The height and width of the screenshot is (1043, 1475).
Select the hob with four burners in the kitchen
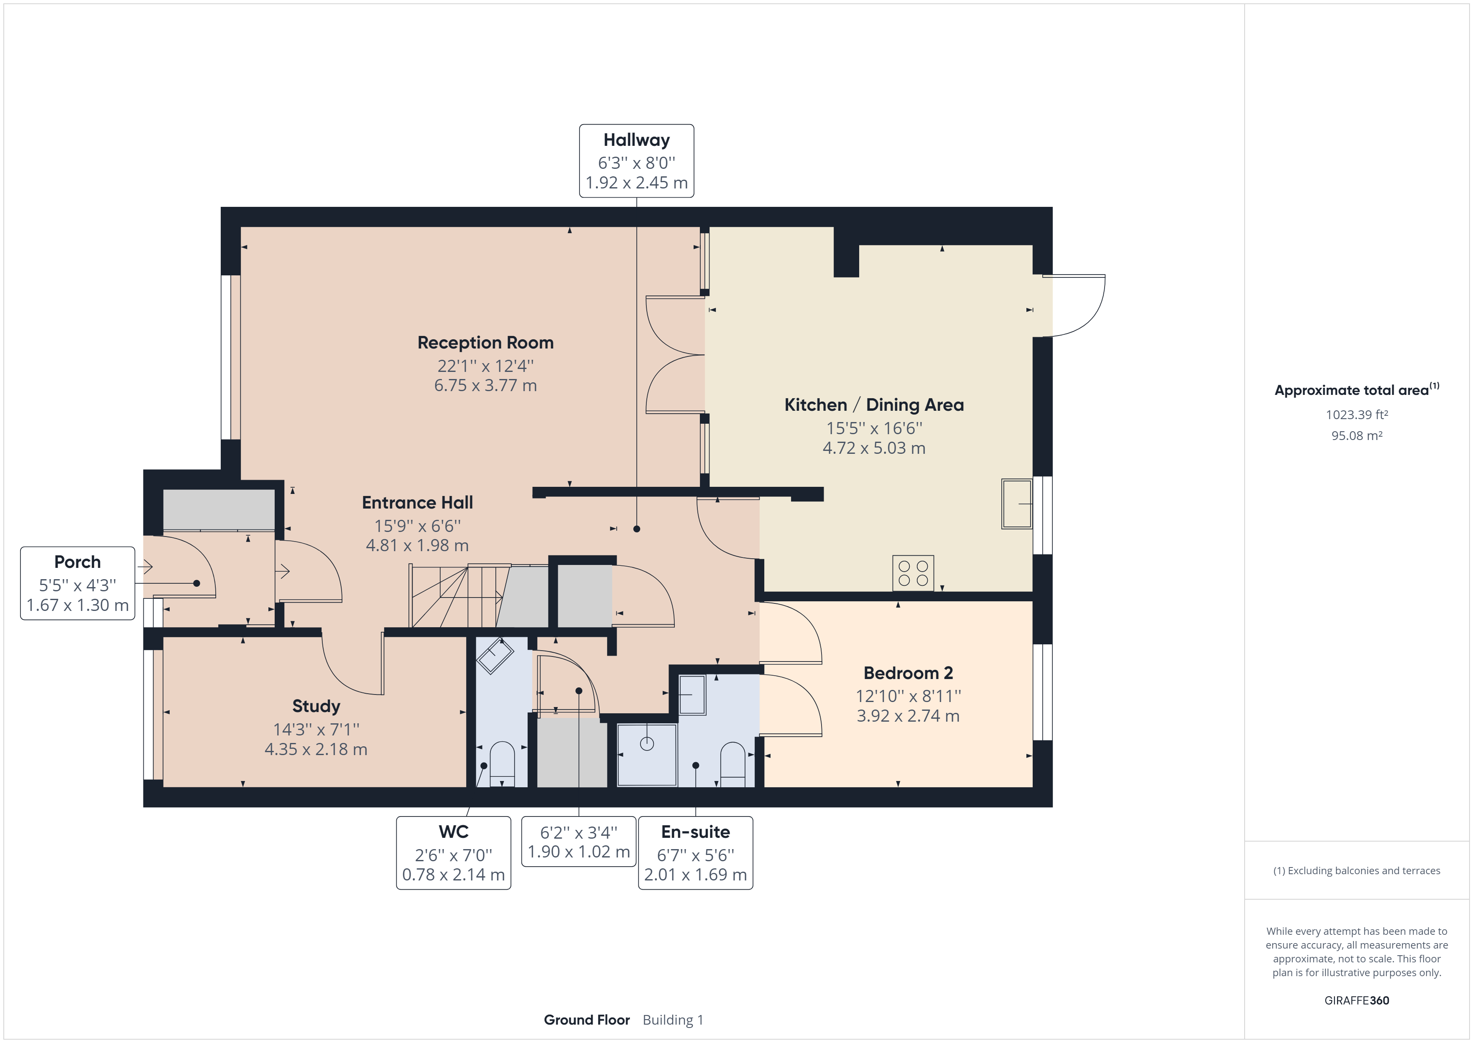point(913,573)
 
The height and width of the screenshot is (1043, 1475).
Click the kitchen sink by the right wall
point(1016,504)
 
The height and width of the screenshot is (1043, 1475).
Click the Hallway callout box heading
point(636,140)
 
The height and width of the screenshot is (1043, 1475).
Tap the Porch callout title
point(77,562)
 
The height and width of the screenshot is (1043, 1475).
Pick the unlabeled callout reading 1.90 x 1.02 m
point(578,852)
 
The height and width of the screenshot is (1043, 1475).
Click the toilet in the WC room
point(502,764)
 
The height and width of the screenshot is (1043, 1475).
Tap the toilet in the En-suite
point(732,764)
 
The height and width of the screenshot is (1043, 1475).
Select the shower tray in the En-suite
point(646,755)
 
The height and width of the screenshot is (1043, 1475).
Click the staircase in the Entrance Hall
point(456,596)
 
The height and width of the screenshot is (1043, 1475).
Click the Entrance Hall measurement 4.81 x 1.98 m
point(417,546)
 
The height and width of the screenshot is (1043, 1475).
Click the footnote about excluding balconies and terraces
point(1356,871)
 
